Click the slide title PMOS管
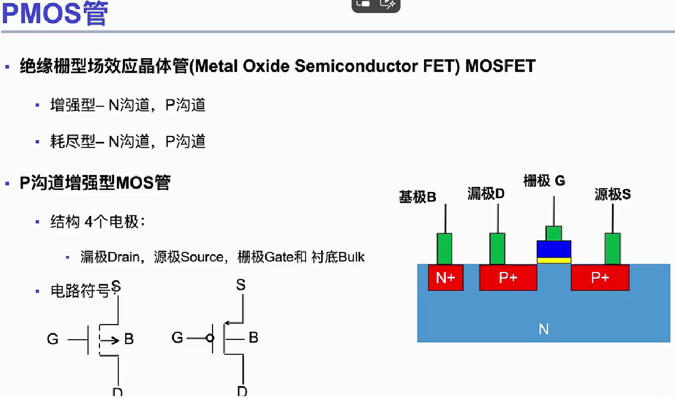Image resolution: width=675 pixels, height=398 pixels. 54,14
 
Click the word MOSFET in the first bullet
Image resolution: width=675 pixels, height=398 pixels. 501,66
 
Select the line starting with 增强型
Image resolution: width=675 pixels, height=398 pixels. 128,105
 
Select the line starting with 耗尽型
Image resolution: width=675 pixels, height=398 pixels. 128,141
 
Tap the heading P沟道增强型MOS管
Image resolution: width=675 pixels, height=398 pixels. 95,183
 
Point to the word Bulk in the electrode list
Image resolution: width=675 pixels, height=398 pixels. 351,257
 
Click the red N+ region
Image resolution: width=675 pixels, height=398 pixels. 445,278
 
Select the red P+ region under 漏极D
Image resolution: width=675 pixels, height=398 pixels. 508,278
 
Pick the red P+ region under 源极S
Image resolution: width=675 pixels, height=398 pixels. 599,278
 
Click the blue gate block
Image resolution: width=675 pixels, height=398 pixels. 554,248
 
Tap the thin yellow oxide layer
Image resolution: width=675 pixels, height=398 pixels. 554,260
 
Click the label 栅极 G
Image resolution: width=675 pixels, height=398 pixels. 544,181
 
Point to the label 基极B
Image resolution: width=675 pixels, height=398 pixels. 417,197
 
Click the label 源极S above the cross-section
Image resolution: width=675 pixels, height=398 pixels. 612,195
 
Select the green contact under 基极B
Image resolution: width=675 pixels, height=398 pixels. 445,248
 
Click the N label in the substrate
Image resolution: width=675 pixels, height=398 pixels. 543,329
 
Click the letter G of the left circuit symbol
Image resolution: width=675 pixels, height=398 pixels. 53,339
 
